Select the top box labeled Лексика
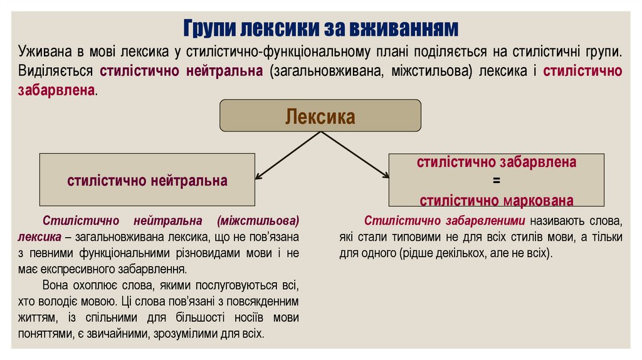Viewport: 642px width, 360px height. (x=320, y=116)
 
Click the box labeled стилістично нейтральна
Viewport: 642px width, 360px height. (x=147, y=181)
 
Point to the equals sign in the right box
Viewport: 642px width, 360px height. (x=496, y=181)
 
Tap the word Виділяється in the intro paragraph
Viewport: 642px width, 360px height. (x=56, y=70)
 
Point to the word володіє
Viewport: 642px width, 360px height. (x=83, y=301)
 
